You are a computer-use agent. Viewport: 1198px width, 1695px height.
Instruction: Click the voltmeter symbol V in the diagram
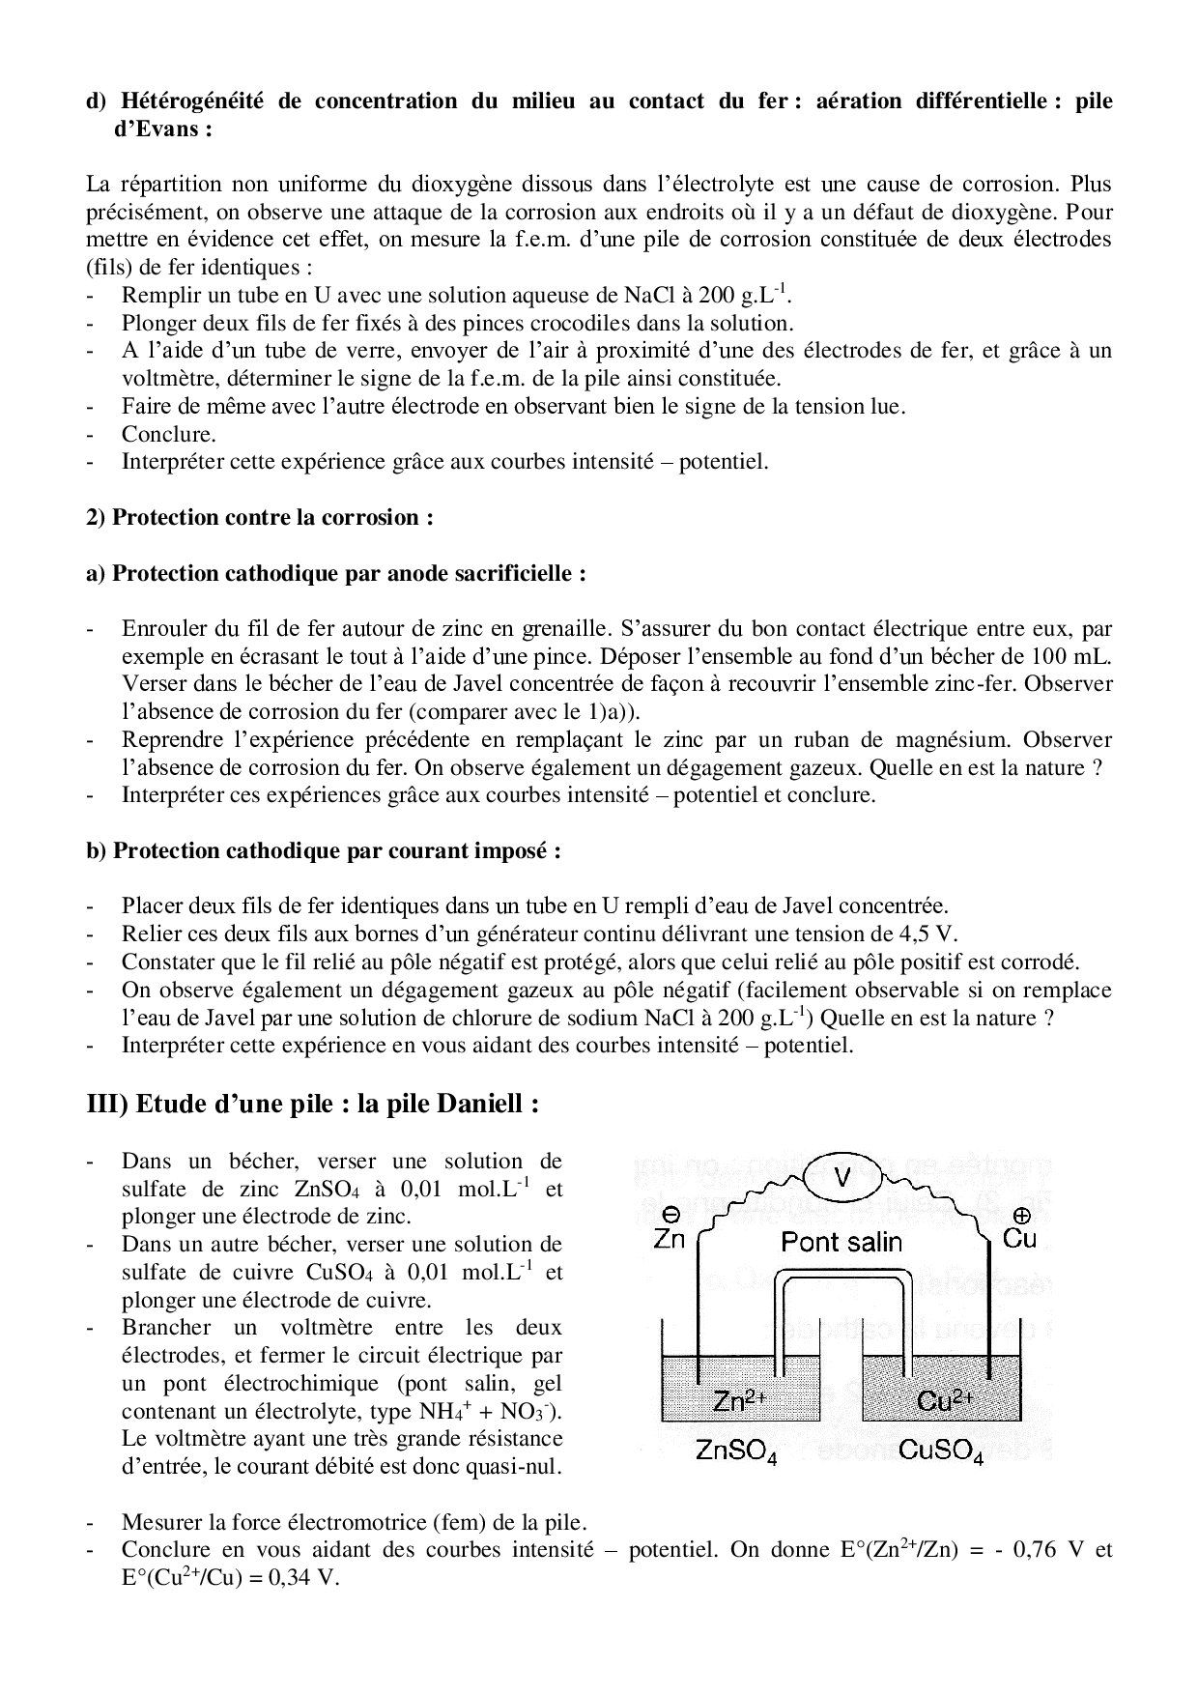[841, 1176]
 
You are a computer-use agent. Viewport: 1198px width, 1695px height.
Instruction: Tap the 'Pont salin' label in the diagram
[841, 1242]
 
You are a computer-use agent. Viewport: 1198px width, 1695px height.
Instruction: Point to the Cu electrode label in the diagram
[1020, 1238]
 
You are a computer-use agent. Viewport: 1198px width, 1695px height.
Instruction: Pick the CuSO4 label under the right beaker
[940, 1451]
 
